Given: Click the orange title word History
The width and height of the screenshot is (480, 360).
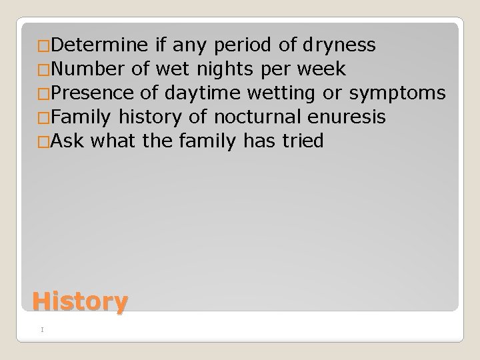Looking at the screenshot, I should coord(79,301).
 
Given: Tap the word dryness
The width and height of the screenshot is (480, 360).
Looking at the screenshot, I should coord(339,45).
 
